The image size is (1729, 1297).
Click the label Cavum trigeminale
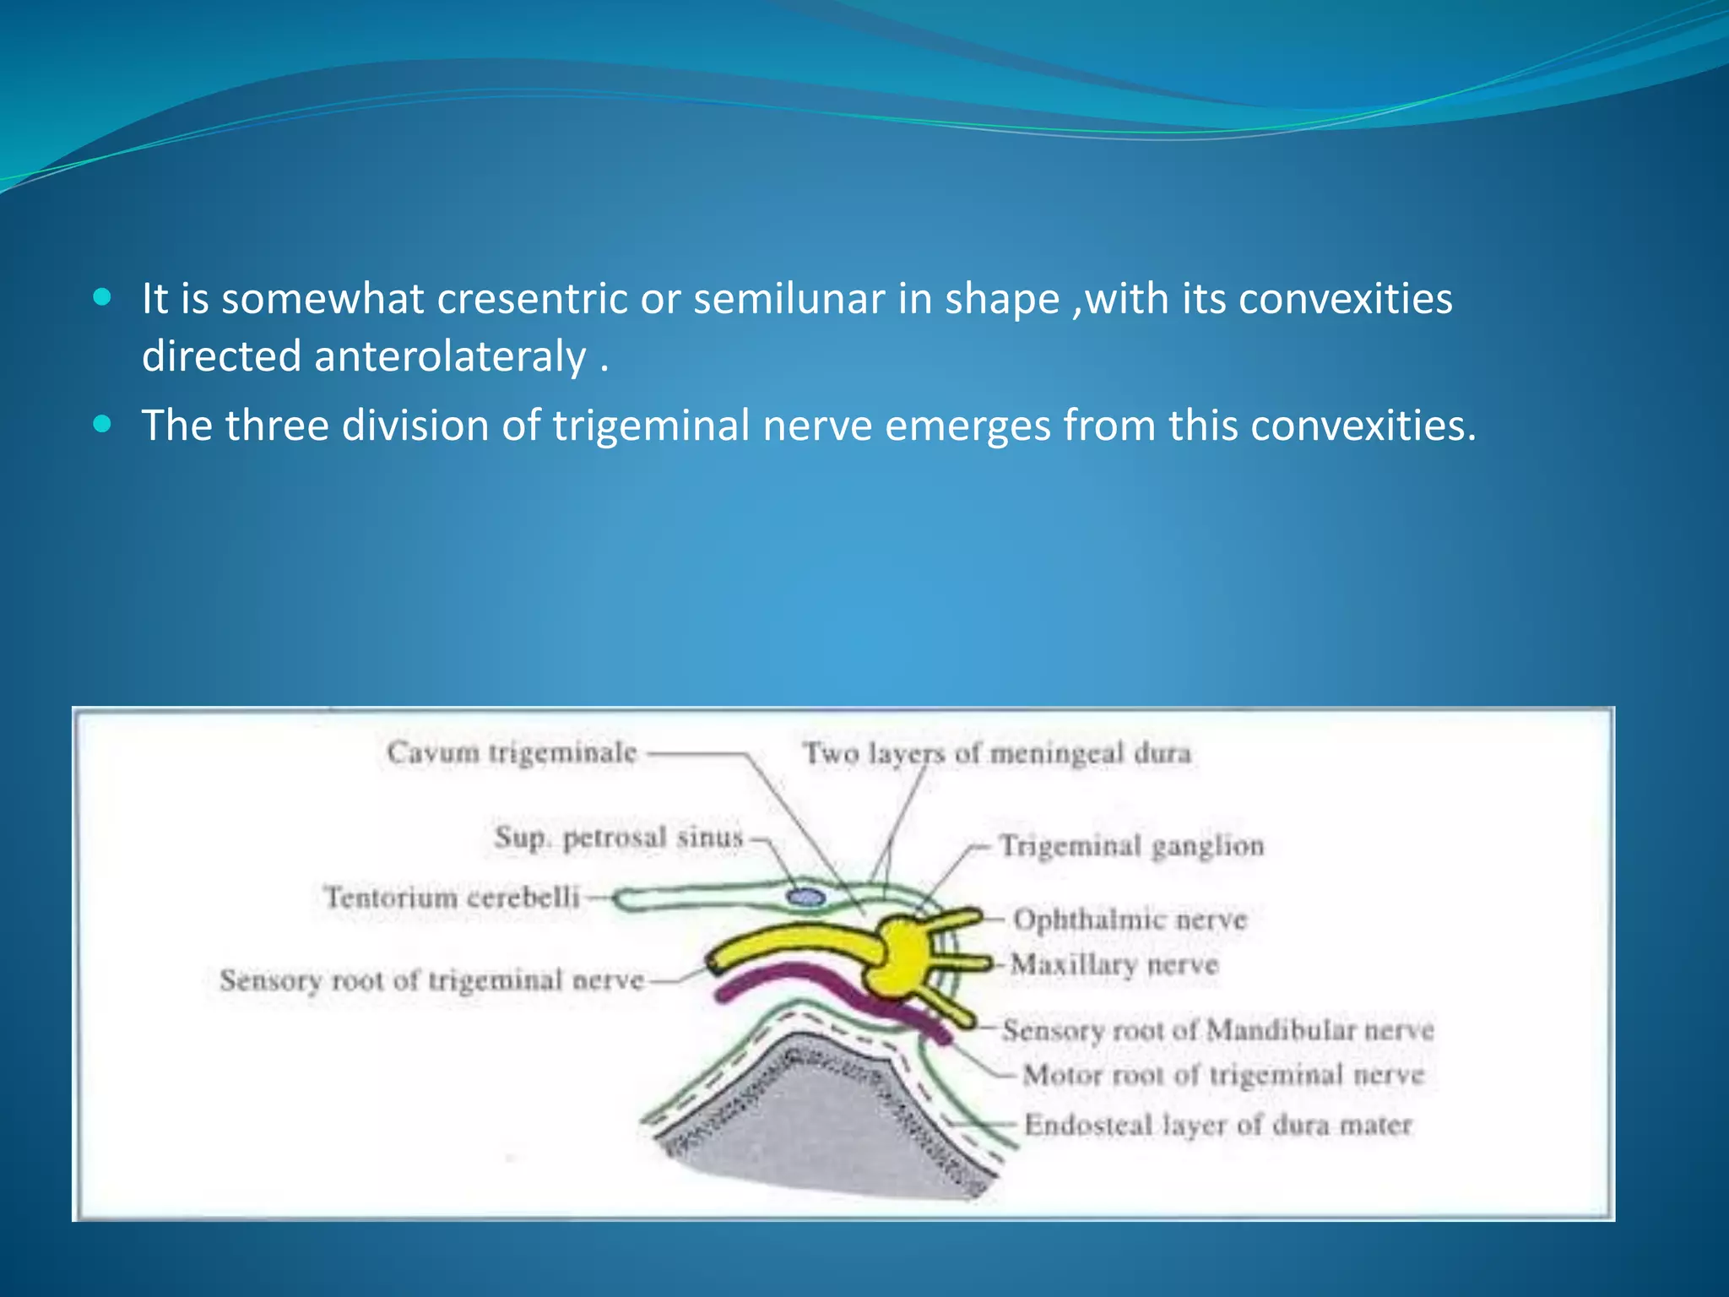(512, 752)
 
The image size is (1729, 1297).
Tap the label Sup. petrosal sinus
(619, 838)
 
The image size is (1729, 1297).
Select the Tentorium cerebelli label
(453, 897)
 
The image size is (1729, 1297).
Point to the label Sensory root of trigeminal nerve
(431, 980)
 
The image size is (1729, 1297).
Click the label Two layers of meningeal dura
(997, 752)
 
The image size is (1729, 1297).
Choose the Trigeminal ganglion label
(1131, 845)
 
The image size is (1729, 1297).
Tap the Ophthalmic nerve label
(1130, 920)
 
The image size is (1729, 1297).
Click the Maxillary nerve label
(1114, 964)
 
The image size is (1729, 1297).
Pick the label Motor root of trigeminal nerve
(1223, 1075)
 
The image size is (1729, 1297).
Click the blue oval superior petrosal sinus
(805, 897)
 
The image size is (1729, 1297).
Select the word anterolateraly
(450, 356)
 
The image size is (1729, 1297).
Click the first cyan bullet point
(102, 297)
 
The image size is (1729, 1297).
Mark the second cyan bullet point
(102, 424)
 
